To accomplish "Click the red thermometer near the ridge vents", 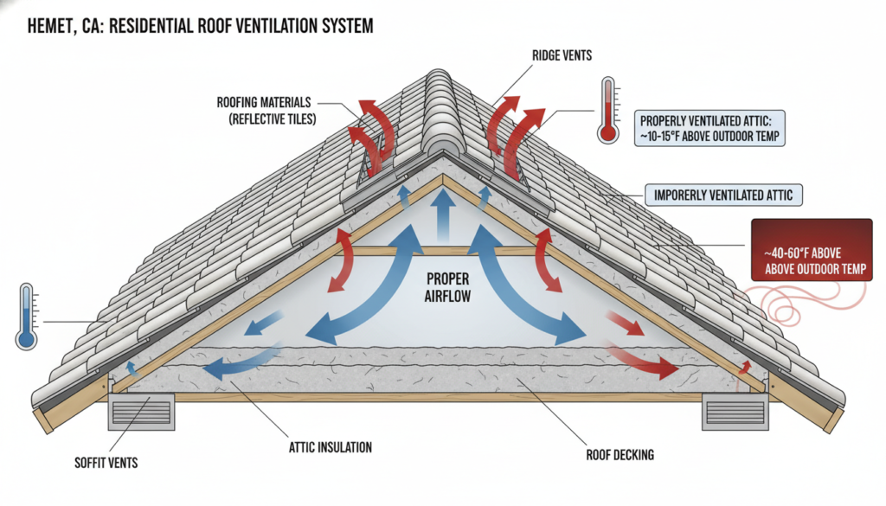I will click(x=608, y=111).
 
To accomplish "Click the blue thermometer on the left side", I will click(x=27, y=318).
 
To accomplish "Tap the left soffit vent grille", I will click(x=141, y=412).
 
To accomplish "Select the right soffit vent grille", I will click(x=735, y=412).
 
